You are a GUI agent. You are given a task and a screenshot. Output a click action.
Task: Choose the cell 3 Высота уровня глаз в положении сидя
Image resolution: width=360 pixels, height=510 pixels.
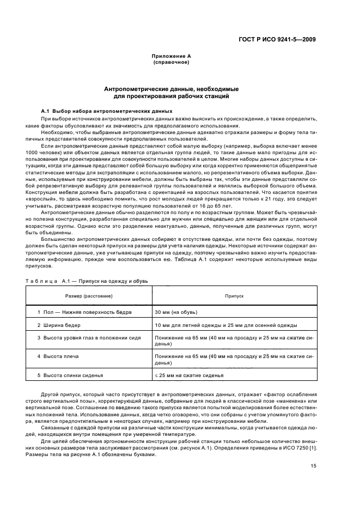(x=88, y=338)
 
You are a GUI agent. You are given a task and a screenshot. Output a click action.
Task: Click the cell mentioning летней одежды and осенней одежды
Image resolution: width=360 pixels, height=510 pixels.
(x=225, y=325)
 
